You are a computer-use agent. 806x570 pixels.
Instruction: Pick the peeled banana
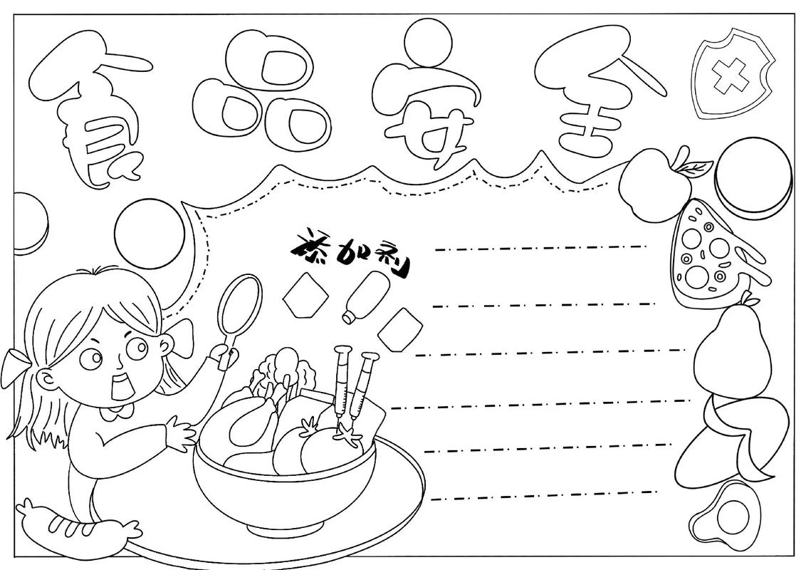pos(733,435)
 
